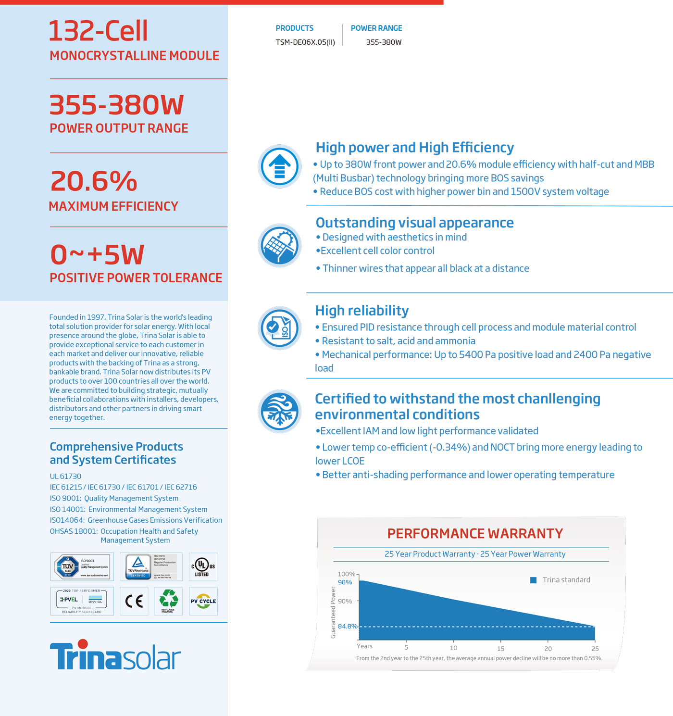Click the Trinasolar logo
115,655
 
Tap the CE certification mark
134,601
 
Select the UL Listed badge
203,566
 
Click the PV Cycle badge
203,601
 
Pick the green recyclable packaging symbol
168,600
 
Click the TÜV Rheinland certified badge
151,566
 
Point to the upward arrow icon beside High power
279,166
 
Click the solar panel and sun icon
279,245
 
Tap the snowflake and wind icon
279,411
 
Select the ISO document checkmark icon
279,328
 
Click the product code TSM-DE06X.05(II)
305,42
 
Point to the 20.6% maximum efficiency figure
94,181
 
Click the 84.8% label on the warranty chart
348,626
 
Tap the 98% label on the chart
345,582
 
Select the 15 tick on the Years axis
500,648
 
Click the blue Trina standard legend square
533,580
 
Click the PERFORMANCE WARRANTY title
475,534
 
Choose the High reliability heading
362,311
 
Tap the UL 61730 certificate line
65,476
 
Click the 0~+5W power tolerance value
97,255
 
